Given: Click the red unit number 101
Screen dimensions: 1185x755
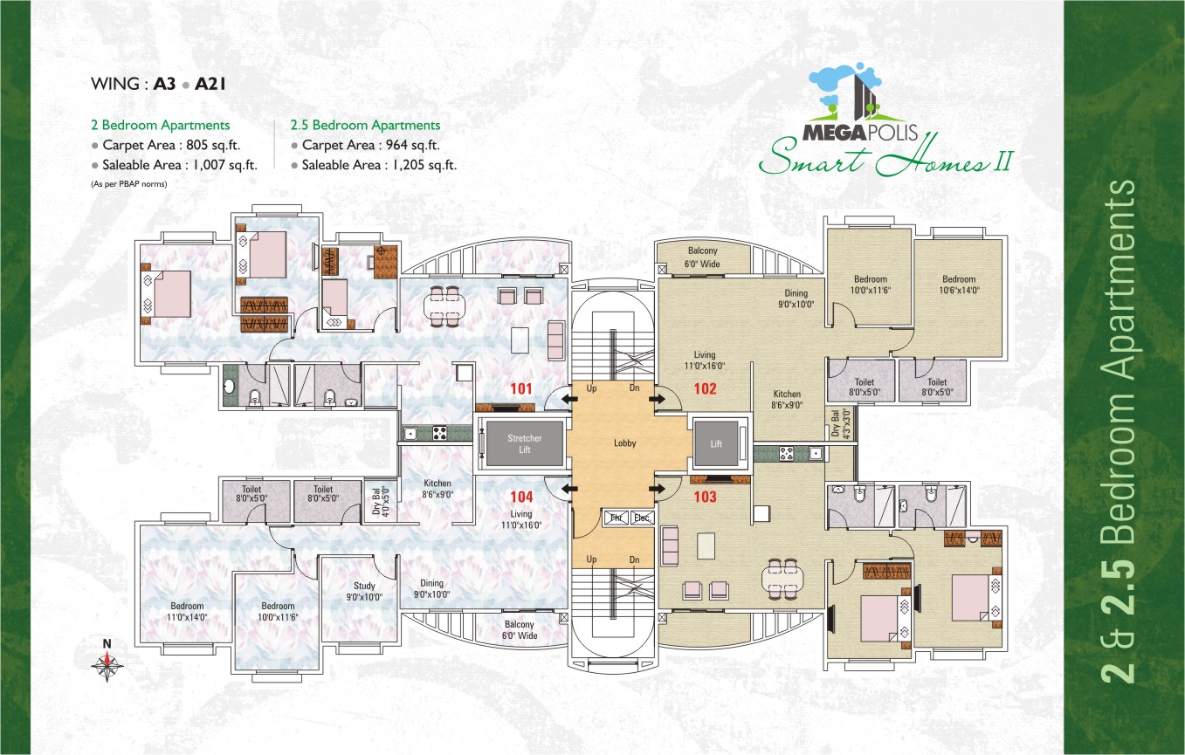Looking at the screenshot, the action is tap(520, 388).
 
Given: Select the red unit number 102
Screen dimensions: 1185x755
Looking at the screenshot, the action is tap(706, 388).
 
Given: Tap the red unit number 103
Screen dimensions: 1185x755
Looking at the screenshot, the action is tap(706, 497).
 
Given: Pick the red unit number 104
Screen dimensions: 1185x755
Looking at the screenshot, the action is tap(521, 497).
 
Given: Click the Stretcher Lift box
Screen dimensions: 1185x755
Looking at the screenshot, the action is tap(524, 443).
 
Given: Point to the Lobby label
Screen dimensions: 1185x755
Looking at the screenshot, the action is tap(624, 443).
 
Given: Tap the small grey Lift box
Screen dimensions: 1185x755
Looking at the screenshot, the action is tap(716, 443).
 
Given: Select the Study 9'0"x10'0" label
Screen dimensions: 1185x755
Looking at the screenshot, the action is tap(364, 591).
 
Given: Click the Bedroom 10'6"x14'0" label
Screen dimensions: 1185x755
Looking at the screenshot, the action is tap(959, 285).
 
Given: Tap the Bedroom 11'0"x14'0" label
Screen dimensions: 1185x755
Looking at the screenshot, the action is tap(187, 611).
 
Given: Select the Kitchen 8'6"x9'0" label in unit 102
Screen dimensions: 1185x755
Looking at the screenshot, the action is tap(787, 399).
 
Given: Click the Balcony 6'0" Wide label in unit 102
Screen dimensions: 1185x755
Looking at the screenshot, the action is tap(703, 257).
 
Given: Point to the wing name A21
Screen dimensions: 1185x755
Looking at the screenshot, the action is tap(210, 84).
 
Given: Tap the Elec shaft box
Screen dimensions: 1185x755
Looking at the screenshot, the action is tap(642, 518).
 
